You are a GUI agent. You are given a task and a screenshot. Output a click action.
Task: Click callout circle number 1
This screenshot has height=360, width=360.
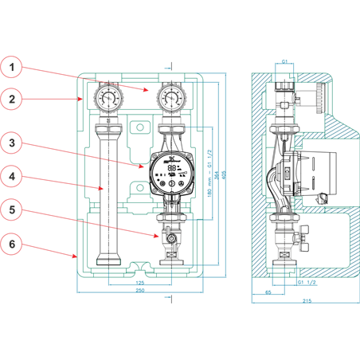point(11,67)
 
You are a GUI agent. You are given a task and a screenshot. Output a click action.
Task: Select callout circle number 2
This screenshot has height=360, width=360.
point(11,100)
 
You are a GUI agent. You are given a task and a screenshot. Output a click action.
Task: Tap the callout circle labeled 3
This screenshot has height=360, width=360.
point(11,143)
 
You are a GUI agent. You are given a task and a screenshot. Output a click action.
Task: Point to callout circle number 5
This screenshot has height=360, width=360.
point(11,210)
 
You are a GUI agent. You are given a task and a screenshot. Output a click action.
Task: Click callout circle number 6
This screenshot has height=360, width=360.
point(11,245)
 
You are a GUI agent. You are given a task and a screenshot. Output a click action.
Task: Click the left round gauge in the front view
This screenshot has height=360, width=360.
point(107,99)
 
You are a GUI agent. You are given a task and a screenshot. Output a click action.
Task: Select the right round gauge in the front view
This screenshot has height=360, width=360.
point(170,99)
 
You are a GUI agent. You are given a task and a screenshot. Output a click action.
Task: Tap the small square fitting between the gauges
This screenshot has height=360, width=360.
point(139,127)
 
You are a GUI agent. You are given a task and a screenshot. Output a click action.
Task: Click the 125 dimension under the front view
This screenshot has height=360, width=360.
point(139,282)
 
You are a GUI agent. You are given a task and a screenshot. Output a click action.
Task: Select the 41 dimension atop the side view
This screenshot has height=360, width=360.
point(284,61)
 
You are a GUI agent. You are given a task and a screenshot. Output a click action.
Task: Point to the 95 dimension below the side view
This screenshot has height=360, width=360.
point(268,292)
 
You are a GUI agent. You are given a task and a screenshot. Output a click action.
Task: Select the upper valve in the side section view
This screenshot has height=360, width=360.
point(283,100)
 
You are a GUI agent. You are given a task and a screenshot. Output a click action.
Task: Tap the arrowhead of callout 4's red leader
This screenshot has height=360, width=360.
point(104,189)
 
